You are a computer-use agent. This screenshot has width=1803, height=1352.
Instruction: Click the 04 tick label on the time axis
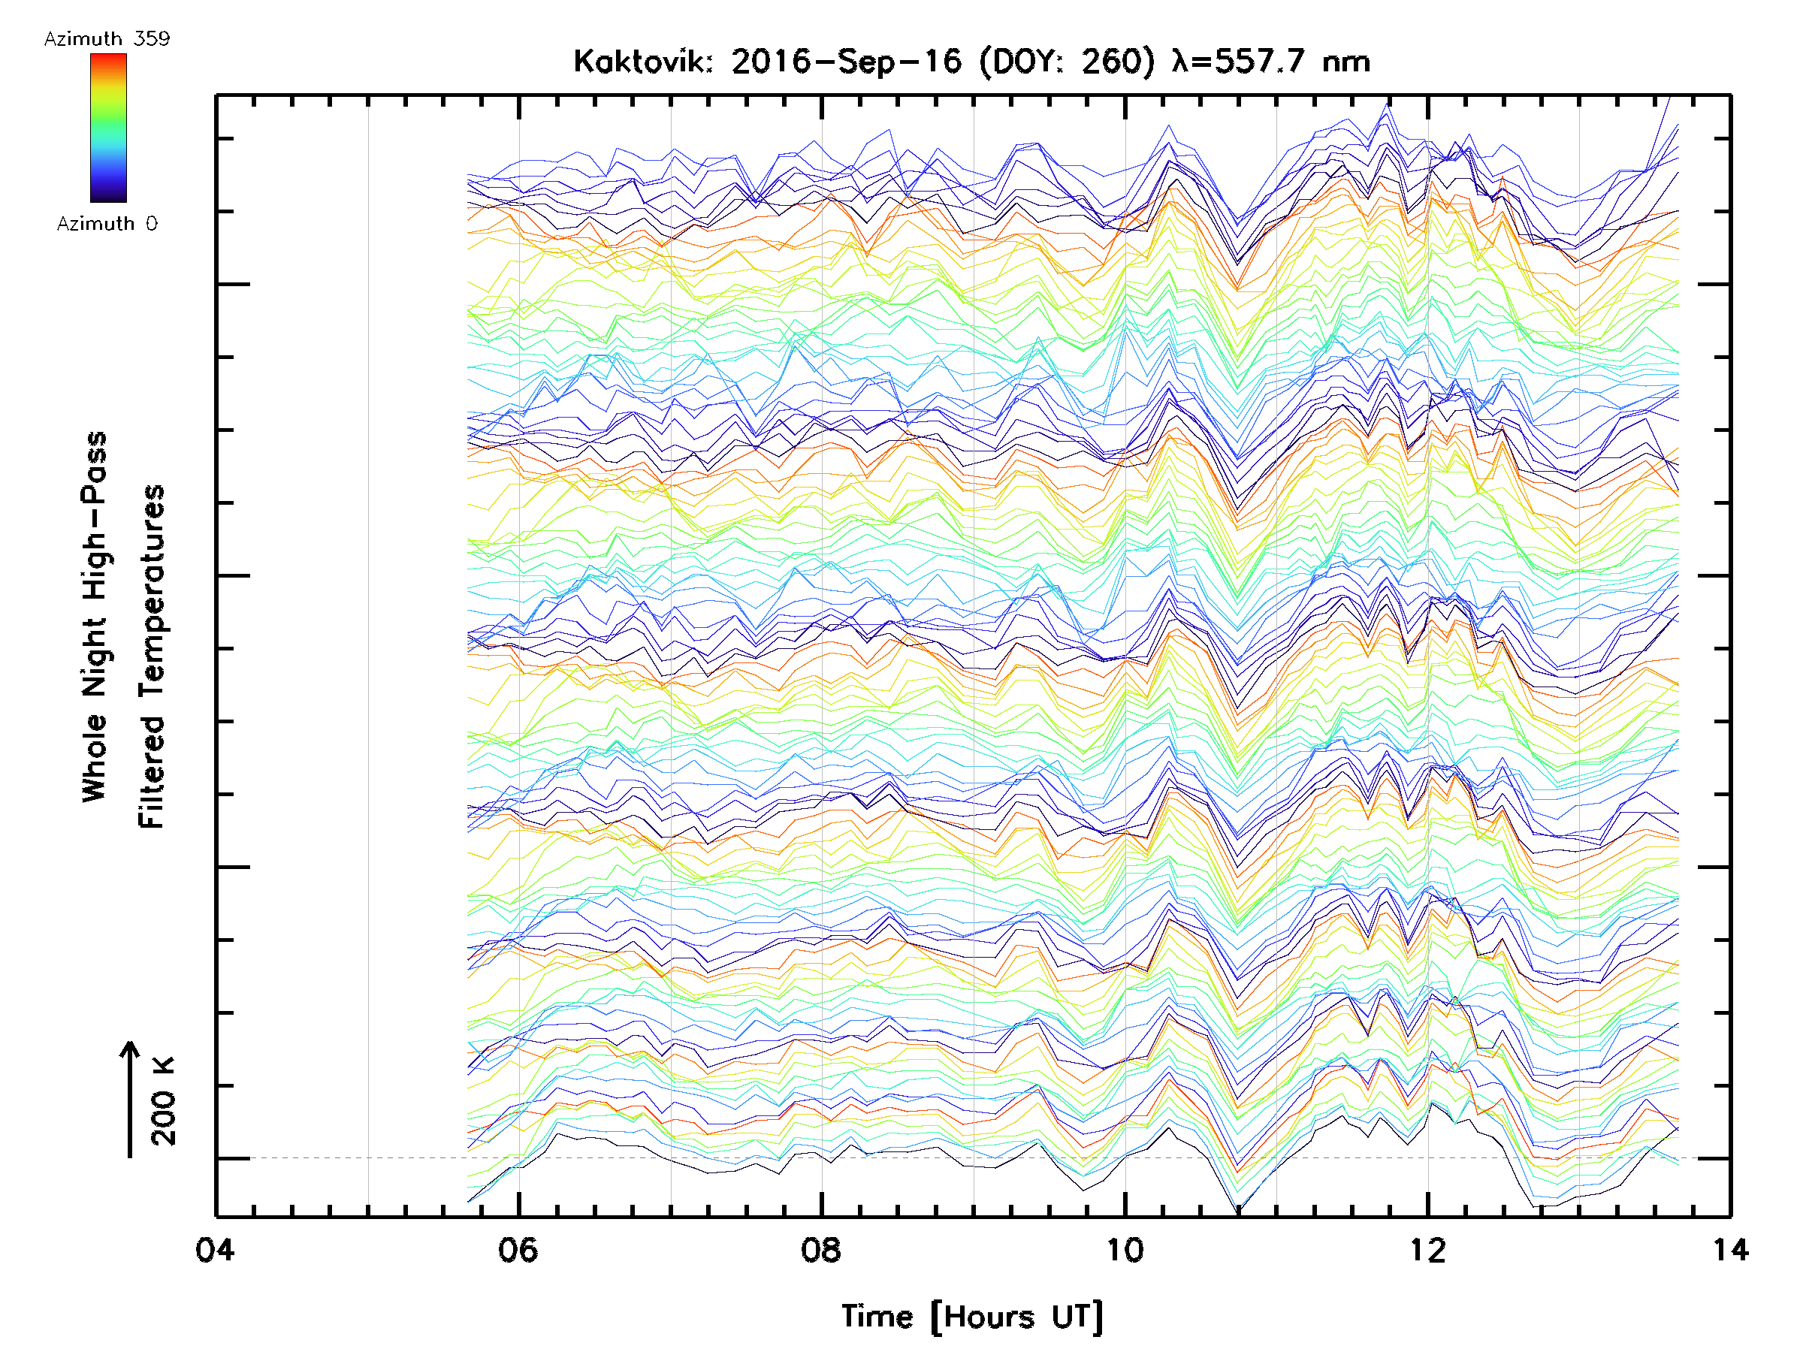tap(214, 1250)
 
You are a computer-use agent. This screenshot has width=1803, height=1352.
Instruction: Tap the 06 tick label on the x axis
tap(518, 1250)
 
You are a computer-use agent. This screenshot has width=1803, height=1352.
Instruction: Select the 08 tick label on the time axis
tap(821, 1250)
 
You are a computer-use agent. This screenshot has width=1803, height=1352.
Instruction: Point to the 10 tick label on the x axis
tap(1125, 1250)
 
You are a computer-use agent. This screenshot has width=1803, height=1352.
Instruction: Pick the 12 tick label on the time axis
tap(1428, 1250)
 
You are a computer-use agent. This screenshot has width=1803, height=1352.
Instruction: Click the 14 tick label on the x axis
tap(1730, 1250)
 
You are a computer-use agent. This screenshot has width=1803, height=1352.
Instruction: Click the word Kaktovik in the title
tap(642, 62)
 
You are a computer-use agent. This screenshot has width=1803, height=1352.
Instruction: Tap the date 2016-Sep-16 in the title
tap(846, 62)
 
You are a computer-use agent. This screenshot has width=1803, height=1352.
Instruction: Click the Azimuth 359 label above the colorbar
tap(107, 39)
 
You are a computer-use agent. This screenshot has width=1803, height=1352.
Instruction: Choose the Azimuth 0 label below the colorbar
tap(107, 224)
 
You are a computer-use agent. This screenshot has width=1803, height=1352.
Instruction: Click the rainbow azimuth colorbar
tap(108, 128)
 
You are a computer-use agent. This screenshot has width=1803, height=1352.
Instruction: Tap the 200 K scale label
tap(164, 1101)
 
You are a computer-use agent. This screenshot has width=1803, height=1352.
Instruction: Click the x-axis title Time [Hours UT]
tap(972, 1317)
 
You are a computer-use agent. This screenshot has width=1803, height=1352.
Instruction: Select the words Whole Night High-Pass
tap(95, 617)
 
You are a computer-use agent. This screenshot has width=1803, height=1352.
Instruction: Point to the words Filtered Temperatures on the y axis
tap(152, 656)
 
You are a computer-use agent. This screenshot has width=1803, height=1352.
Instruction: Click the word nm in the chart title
tap(1346, 62)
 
